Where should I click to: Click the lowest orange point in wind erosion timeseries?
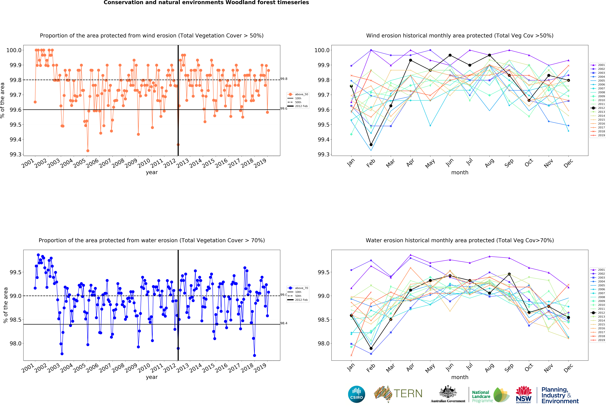[88, 151]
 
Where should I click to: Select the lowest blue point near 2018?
[255, 355]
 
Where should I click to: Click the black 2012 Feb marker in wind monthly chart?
[371, 145]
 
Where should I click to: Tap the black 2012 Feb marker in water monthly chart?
[371, 348]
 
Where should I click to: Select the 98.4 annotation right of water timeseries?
[284, 323]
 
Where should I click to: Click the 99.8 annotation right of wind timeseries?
[284, 79]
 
